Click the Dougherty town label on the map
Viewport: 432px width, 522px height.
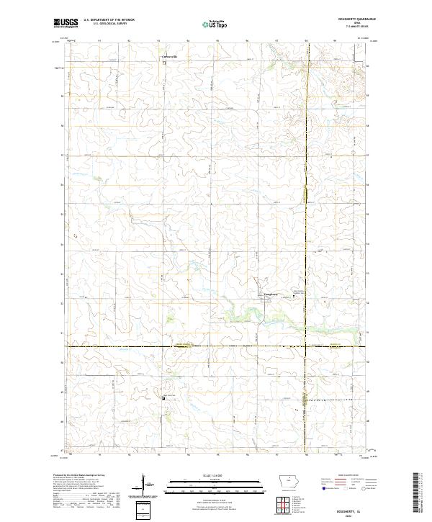tap(266, 294)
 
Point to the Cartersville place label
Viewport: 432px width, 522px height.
tap(168, 55)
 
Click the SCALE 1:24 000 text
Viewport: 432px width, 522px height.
tap(215, 474)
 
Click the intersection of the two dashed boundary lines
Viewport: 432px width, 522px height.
tap(307, 347)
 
